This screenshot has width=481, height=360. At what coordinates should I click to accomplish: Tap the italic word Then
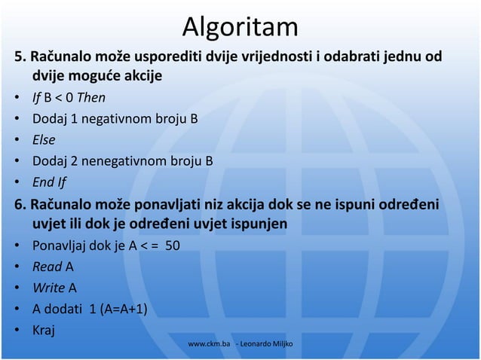click(91, 98)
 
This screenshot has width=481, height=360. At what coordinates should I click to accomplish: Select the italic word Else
click(44, 140)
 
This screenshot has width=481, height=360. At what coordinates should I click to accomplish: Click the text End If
click(49, 182)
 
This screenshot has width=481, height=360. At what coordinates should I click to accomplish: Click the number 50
click(172, 246)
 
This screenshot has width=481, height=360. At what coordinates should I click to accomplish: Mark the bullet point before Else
click(16, 141)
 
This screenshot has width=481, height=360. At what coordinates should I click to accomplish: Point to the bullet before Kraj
click(16, 330)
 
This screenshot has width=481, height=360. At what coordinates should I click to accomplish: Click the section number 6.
click(10, 205)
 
